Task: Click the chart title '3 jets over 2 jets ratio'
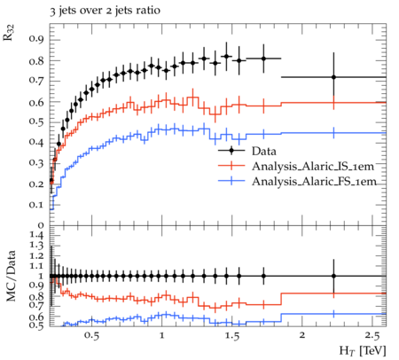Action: coord(105,12)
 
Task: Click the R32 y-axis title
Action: coord(9,33)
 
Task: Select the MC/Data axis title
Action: coord(11,276)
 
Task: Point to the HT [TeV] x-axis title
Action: coord(363,351)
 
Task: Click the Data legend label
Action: coord(264,151)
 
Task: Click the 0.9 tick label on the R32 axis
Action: coord(36,40)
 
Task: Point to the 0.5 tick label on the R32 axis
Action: coord(36,121)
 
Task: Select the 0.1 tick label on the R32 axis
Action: coord(36,204)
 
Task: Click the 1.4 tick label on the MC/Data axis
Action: coord(36,235)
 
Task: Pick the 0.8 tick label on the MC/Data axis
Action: coord(36,296)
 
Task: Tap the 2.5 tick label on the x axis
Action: coord(372,335)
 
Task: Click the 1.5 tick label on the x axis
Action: coord(232,335)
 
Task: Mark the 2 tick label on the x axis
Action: coord(302,335)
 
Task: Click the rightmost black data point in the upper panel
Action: coord(333,77)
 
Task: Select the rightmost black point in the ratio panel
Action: coord(333,276)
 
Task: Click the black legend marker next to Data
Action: coord(231,151)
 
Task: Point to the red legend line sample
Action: coord(231,166)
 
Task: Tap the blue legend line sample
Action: coord(231,181)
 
